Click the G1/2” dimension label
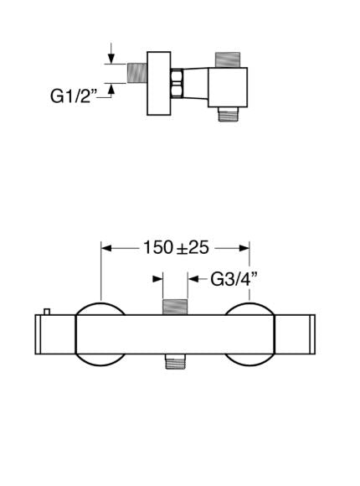coord(74,96)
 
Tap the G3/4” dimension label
coord(234,279)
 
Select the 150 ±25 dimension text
coord(176,248)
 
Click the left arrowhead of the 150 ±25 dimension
coord(106,248)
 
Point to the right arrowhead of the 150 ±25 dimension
coord(244,248)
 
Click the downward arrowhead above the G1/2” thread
coord(111,59)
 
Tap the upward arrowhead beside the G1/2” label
coord(111,89)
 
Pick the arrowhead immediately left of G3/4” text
coord(193,279)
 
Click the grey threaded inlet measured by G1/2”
coord(136,73)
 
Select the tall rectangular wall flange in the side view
coord(158,84)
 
